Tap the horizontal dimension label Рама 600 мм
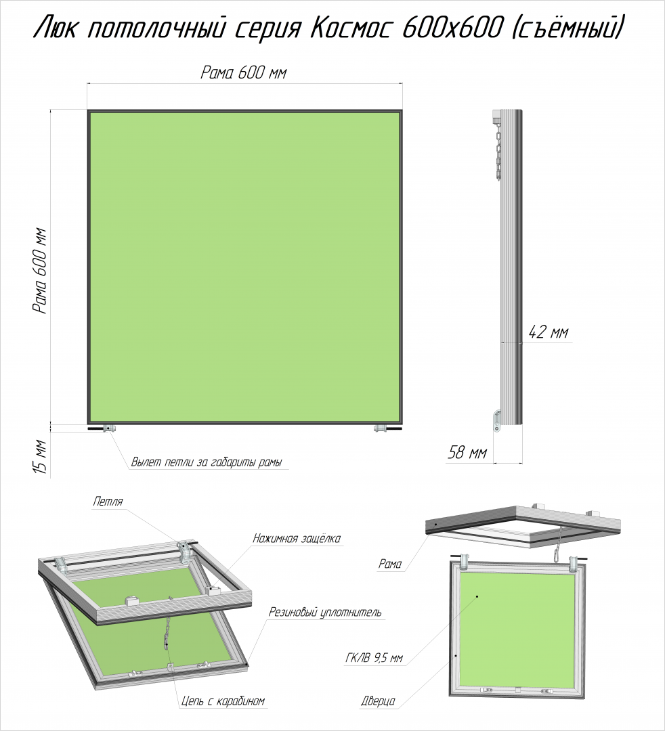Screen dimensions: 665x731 pos(243,72)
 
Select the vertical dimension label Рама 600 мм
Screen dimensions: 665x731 pos(40,270)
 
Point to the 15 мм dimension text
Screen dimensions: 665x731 pos(41,457)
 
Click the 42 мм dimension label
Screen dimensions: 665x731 pos(549,333)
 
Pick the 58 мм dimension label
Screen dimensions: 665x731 pos(467,453)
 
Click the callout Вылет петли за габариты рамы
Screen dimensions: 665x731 pos(207,462)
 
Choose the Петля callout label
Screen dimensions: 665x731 pos(108,502)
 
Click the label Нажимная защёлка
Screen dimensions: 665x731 pos(297,539)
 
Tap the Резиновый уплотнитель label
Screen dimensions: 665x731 pos(325,612)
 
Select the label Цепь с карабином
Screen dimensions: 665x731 pos(223,701)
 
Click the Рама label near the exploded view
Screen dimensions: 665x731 pos(390,564)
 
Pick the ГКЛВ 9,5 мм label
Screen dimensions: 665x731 pos(374,659)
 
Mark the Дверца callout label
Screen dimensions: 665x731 pos(378,701)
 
